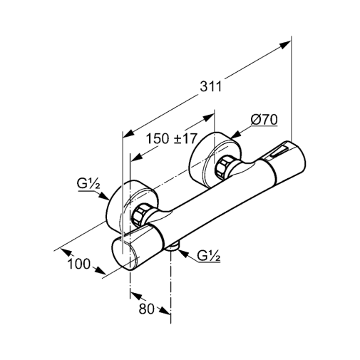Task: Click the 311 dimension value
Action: point(210,86)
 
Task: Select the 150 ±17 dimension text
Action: point(172,138)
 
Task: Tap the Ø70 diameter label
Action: point(264,120)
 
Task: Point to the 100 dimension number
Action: point(79,264)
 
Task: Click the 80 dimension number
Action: point(146,309)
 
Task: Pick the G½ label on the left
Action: point(88,184)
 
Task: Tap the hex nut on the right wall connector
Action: point(224,167)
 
